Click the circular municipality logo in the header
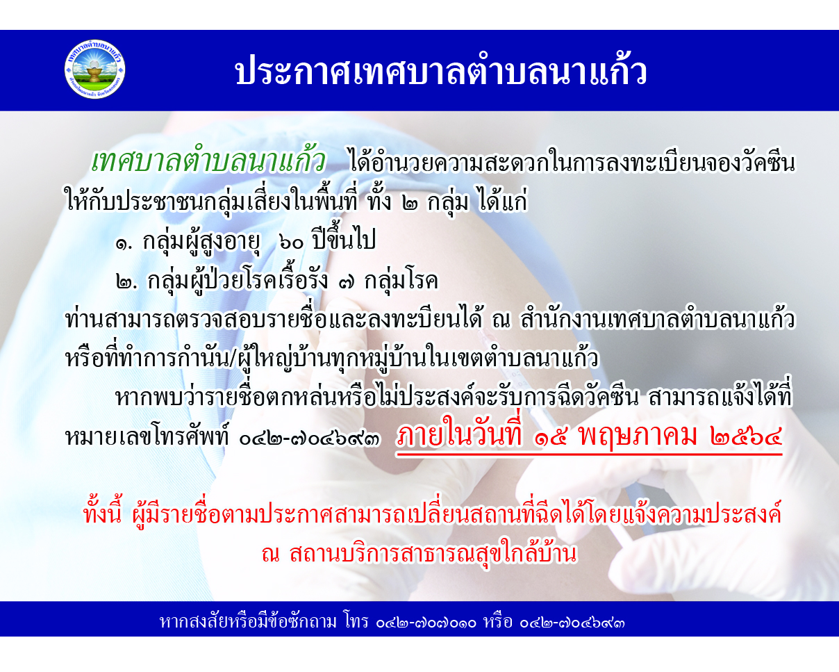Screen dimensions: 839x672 pos(94,69)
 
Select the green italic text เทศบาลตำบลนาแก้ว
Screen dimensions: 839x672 pos(208,161)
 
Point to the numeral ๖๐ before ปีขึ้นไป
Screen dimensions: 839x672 pos(292,243)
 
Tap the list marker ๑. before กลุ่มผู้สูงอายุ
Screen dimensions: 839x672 pos(125,244)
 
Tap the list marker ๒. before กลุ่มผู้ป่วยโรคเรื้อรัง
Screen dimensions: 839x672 pos(127,282)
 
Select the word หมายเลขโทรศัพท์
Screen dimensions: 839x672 pos(149,436)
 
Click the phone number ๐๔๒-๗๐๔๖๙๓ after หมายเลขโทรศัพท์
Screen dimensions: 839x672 pos(309,439)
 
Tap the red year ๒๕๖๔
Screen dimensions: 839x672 pos(746,436)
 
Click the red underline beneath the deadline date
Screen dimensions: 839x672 pos(589,454)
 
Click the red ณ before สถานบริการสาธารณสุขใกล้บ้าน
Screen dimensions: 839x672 pos(271,555)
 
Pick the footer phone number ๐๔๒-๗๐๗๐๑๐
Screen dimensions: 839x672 pos(426,623)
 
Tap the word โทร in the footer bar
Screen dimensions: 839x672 pos(356,621)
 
